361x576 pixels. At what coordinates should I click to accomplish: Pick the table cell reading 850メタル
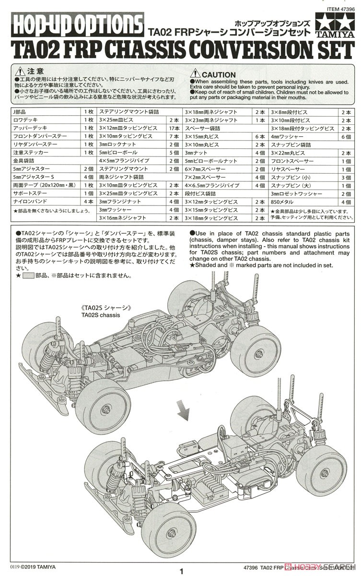[x=284, y=202]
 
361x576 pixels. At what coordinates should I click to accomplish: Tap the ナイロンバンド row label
[x=29, y=202]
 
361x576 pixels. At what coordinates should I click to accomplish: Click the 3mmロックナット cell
[x=114, y=144]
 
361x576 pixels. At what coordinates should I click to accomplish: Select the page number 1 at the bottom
[x=181, y=571]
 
